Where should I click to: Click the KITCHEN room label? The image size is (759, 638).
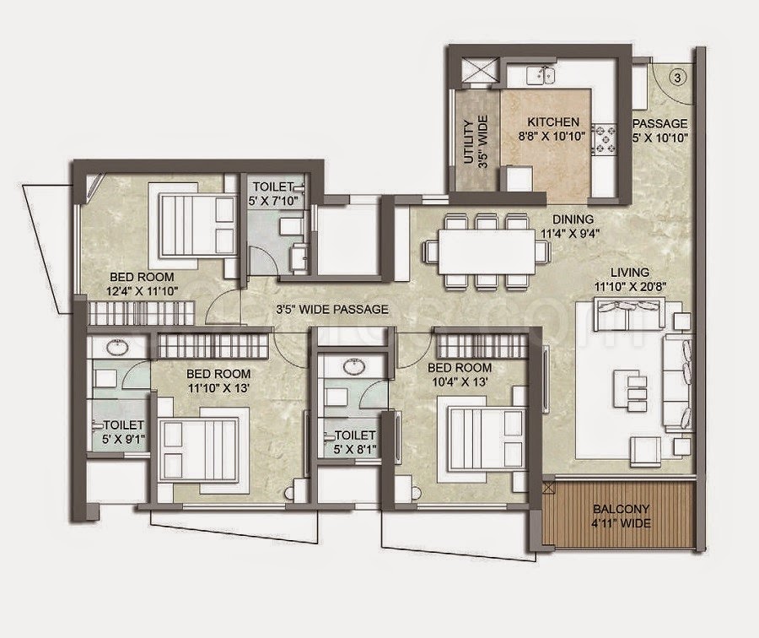(552, 121)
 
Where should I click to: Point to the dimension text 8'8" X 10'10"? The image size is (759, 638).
(552, 135)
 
